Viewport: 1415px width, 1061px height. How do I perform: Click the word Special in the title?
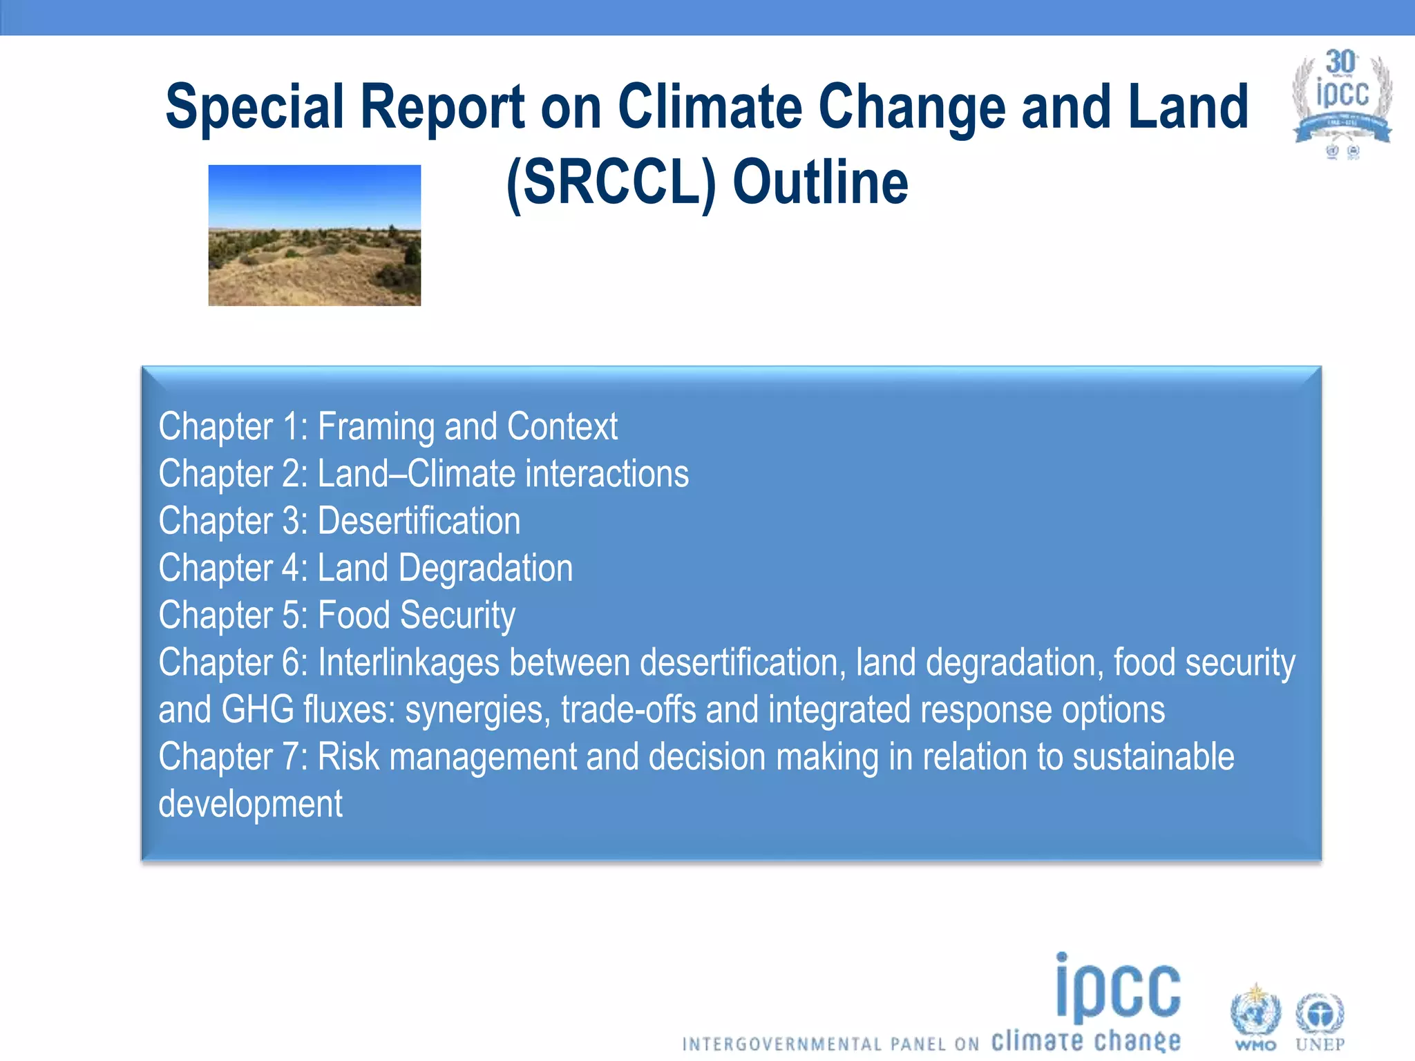coord(254,107)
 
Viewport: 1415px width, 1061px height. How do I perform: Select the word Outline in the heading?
coord(820,183)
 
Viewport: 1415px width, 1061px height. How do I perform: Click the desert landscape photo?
coord(314,235)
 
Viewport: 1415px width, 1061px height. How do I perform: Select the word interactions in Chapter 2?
coord(607,474)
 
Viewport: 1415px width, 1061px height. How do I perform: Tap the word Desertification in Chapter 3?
coord(419,521)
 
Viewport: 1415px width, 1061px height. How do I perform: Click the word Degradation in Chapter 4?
coord(486,568)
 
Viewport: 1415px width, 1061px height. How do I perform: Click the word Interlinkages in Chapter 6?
coord(408,662)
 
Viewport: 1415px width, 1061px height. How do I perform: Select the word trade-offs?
coord(628,709)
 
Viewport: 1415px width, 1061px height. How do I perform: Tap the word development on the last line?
coord(250,804)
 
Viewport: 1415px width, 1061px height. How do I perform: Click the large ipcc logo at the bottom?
coord(1118,989)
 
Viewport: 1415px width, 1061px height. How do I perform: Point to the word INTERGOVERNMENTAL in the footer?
coord(782,1044)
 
